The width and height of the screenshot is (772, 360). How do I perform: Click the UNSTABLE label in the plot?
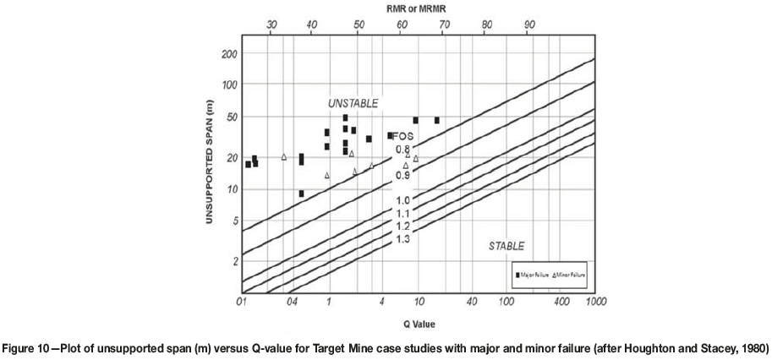[353, 102]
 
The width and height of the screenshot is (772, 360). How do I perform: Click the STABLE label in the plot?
[506, 246]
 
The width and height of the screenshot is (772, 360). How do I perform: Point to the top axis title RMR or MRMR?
[419, 8]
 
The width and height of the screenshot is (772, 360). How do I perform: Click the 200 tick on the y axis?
[228, 53]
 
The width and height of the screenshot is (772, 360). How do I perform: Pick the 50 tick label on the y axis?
[230, 116]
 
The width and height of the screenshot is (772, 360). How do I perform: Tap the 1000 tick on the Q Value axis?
[595, 302]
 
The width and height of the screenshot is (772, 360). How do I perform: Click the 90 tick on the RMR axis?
[529, 25]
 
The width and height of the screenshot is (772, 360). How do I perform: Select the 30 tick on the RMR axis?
[271, 25]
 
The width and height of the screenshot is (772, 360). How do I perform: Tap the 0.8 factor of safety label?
[402, 150]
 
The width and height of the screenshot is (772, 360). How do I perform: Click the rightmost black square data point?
[437, 120]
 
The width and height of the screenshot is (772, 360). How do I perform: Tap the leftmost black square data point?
[248, 164]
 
